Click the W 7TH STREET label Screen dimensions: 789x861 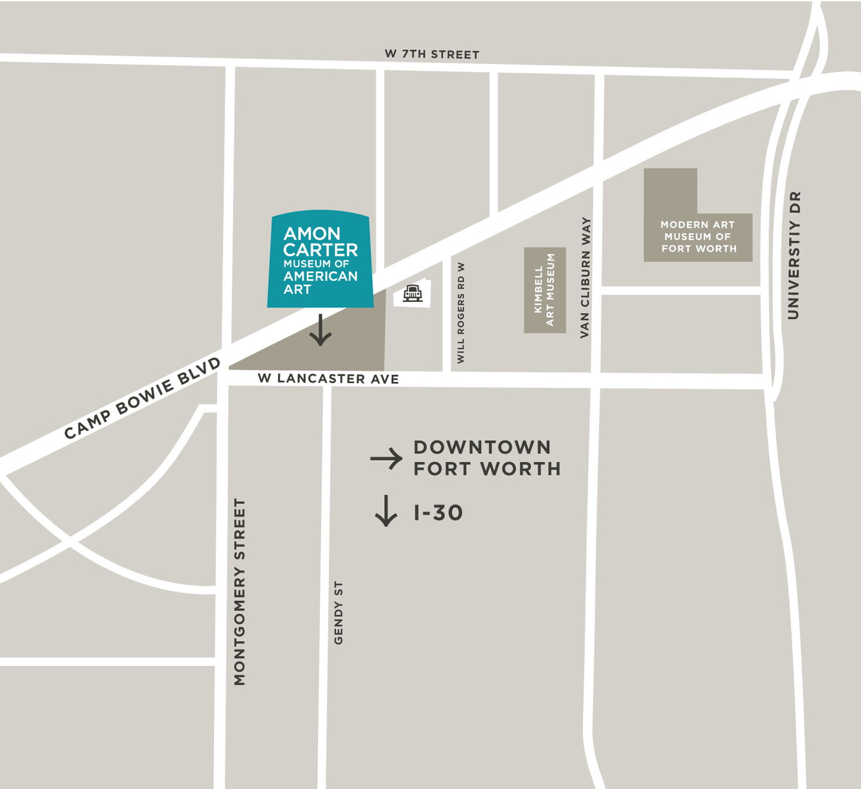[x=432, y=54]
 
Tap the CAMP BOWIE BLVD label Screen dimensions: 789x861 [x=142, y=398]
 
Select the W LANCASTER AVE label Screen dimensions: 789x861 [x=328, y=378]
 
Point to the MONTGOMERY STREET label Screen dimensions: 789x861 [x=240, y=591]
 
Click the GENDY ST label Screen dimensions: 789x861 [x=338, y=613]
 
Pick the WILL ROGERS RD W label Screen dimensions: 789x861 [x=461, y=312]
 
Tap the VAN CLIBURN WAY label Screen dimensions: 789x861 [x=585, y=277]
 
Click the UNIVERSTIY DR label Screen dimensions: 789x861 [x=794, y=255]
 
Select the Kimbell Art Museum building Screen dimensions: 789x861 [x=544, y=290]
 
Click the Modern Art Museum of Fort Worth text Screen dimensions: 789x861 [x=698, y=237]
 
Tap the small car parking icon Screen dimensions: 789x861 [x=413, y=293]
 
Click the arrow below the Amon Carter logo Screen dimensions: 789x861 [x=320, y=330]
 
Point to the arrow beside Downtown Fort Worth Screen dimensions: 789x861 [x=386, y=458]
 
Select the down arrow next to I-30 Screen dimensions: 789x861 [x=386, y=510]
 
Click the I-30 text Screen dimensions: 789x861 [x=438, y=513]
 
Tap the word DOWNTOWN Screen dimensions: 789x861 [x=482, y=447]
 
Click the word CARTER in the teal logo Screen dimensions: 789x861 [x=320, y=250]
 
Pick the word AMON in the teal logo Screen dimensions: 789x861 [x=311, y=234]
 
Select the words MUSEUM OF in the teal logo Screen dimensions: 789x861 [x=316, y=263]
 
